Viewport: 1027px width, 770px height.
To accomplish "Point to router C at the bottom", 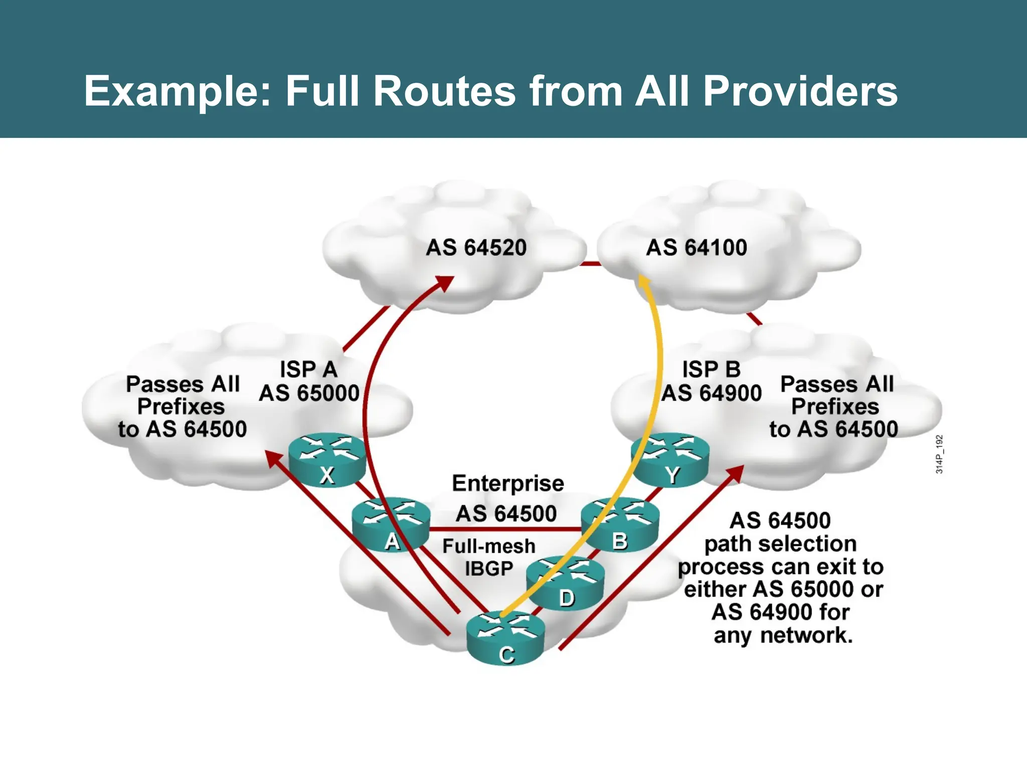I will click(x=505, y=639).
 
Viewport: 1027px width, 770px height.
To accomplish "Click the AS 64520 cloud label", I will click(x=476, y=248).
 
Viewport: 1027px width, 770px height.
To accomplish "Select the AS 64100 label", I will click(x=696, y=248).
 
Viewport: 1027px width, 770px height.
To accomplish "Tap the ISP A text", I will click(x=308, y=369).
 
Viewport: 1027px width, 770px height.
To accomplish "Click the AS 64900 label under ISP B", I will click(x=711, y=393).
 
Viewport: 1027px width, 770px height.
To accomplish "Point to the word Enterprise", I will click(x=507, y=483).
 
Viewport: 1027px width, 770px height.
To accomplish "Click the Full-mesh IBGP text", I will click(x=488, y=557).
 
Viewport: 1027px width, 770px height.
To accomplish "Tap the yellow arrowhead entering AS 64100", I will click(x=643, y=284).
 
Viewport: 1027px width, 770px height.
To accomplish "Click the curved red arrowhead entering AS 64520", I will click(x=444, y=284).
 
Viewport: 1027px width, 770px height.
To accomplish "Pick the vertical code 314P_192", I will click(x=939, y=454).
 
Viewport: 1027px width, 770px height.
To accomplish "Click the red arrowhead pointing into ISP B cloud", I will click(x=735, y=473).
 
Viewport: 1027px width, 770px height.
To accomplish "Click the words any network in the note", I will click(x=783, y=636).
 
